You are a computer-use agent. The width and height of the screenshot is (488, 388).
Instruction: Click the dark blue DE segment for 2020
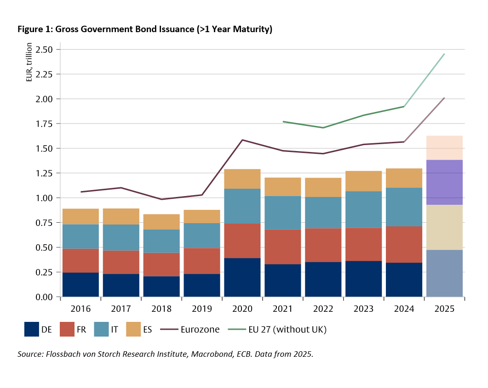pyautogui.click(x=242, y=277)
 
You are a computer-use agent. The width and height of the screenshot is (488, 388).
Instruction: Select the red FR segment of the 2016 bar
pyautogui.click(x=80, y=260)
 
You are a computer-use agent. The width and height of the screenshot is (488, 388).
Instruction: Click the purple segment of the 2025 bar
pyautogui.click(x=444, y=182)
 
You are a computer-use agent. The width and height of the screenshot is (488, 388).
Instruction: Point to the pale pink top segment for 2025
pyautogui.click(x=444, y=148)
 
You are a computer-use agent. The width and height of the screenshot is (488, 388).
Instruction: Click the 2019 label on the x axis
pyautogui.click(x=201, y=309)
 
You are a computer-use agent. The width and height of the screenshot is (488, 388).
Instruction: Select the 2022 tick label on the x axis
pyautogui.click(x=323, y=309)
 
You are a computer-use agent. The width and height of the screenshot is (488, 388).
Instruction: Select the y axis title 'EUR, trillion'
pyautogui.click(x=29, y=62)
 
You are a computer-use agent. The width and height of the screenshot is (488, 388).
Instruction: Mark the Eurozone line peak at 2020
pyautogui.click(x=242, y=140)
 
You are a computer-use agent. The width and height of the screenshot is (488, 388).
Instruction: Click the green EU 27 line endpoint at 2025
pyautogui.click(x=444, y=54)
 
